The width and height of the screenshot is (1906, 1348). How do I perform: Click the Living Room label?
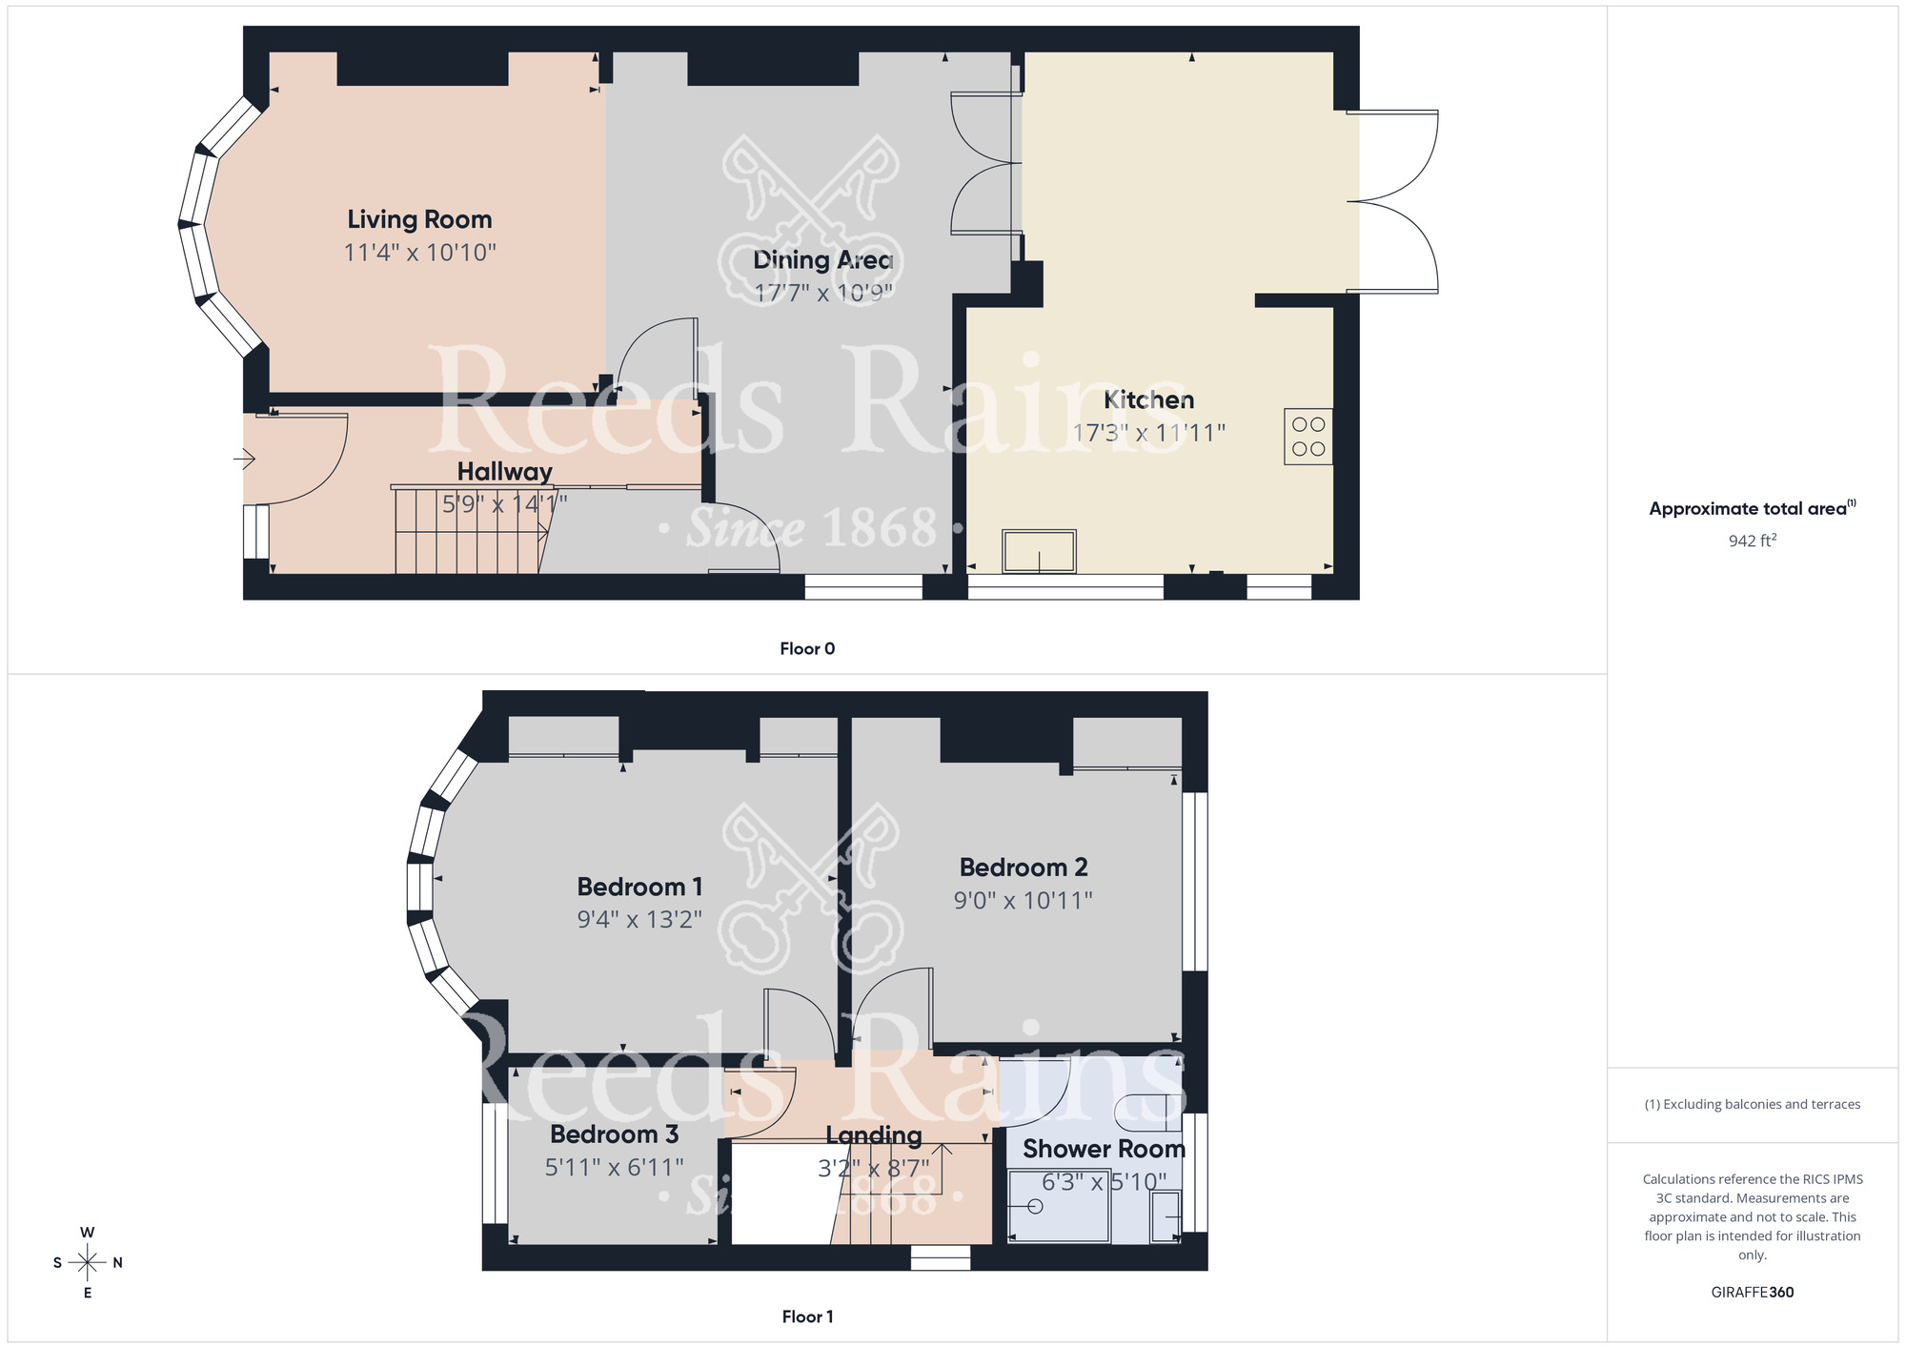click(419, 219)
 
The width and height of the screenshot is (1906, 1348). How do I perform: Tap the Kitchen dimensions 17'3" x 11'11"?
click(1148, 433)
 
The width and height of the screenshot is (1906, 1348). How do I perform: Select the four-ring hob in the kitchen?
click(1308, 437)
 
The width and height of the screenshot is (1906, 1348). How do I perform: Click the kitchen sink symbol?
click(1039, 551)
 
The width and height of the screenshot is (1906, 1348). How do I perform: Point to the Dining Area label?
click(822, 259)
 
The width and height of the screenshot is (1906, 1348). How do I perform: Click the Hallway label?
click(504, 471)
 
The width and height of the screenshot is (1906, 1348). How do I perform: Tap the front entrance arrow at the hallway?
click(244, 460)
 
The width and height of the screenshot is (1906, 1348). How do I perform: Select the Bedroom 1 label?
click(639, 887)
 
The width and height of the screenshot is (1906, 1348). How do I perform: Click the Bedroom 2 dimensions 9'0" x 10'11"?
click(1023, 900)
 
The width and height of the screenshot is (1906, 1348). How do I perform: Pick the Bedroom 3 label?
click(614, 1134)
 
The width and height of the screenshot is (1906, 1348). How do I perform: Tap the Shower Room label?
click(1104, 1149)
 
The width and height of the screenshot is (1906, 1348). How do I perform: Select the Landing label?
click(873, 1134)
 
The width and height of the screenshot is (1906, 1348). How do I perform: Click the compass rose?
click(88, 1263)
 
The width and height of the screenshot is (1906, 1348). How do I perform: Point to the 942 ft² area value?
click(1752, 541)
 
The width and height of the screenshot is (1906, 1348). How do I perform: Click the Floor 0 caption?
click(807, 649)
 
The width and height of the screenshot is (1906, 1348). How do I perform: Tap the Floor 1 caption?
click(807, 1317)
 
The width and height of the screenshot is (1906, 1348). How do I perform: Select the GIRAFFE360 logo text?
click(1752, 1293)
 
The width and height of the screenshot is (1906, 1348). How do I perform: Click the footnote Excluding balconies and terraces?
click(1752, 1105)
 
